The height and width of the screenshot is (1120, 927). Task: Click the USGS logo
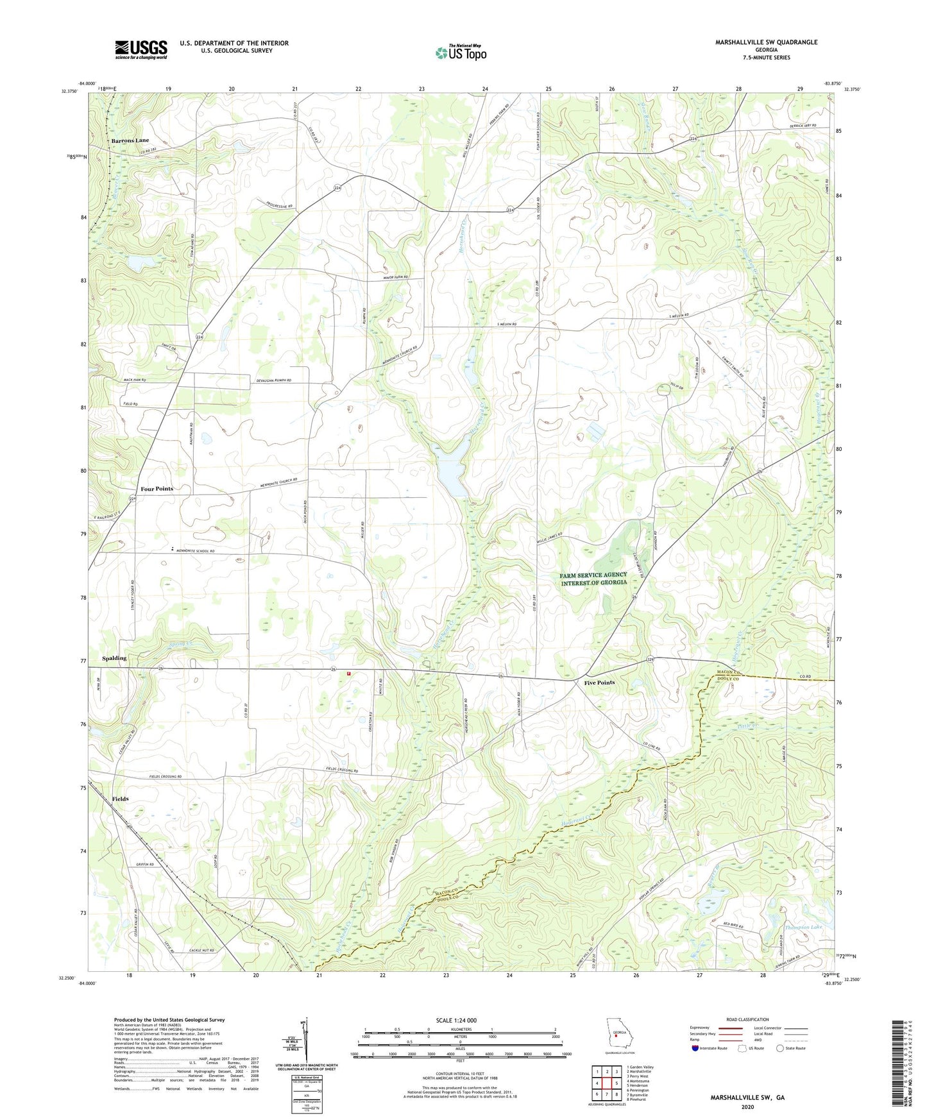[x=141, y=49]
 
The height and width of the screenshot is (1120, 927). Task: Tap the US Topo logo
[x=460, y=53]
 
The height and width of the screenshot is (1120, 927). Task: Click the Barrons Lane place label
[x=130, y=140]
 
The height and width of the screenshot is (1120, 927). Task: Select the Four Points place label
[x=157, y=489]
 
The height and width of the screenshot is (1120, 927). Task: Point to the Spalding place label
[x=114, y=658]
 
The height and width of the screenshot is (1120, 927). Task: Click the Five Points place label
[x=599, y=683]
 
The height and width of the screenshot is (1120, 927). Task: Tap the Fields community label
[x=120, y=799]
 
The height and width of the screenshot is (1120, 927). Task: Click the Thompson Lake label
[x=803, y=927]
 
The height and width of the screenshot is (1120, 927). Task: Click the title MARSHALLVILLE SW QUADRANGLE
[x=766, y=42]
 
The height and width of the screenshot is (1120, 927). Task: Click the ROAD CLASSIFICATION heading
[x=747, y=1019]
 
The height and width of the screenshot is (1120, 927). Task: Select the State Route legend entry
[x=790, y=1048]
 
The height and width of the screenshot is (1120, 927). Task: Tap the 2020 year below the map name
[x=747, y=1107]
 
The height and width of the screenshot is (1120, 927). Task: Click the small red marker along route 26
[x=349, y=674]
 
